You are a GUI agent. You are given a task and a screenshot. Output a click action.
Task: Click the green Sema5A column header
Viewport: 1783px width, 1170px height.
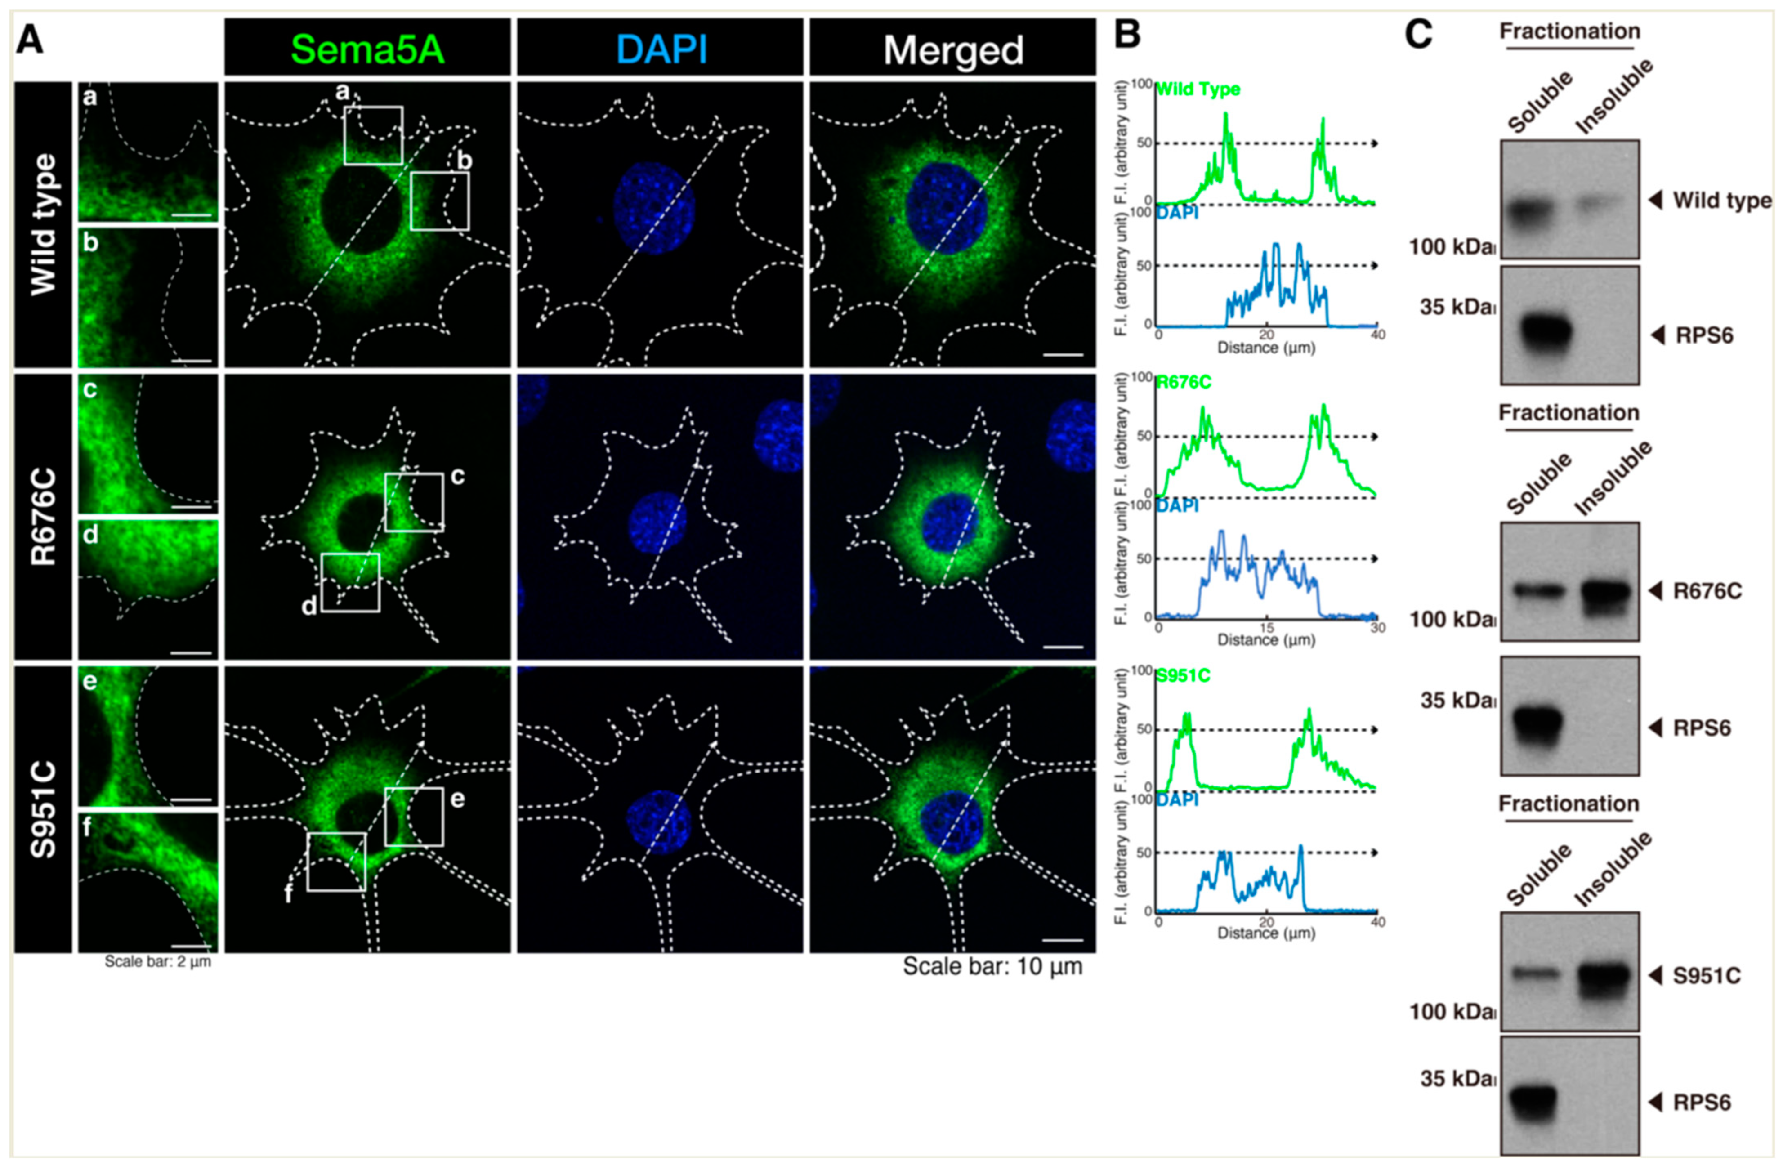point(367,49)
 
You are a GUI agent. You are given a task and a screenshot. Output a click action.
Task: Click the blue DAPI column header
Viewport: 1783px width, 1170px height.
point(661,49)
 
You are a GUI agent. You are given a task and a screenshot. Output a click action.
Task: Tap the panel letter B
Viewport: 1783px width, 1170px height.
point(1127,35)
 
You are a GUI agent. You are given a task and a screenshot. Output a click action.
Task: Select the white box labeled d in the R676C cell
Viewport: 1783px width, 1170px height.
point(351,582)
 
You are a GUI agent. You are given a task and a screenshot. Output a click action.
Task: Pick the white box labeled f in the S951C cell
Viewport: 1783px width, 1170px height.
point(336,862)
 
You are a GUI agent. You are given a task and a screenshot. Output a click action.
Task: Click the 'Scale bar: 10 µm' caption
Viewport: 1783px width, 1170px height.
point(992,966)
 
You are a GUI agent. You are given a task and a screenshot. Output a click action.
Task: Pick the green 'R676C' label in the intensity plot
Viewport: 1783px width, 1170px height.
point(1184,383)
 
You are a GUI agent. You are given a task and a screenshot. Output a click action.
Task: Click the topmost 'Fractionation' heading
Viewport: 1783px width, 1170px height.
point(1569,31)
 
